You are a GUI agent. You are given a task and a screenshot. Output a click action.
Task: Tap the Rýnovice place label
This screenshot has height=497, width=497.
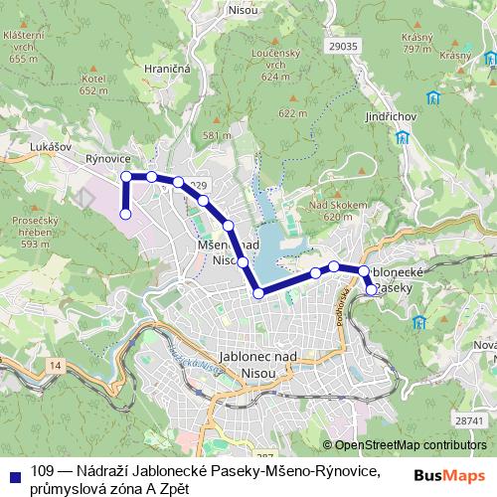point(108,158)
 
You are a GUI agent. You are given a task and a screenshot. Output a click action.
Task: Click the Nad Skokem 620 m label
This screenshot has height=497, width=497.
point(331,210)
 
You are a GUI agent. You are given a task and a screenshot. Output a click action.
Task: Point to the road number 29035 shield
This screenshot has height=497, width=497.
point(342,46)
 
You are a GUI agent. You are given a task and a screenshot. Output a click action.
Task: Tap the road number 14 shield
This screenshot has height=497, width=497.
point(54,367)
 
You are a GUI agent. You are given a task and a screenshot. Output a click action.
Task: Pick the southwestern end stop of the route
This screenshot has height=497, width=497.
point(126,213)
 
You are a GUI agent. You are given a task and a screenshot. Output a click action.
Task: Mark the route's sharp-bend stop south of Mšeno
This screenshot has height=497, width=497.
point(259,292)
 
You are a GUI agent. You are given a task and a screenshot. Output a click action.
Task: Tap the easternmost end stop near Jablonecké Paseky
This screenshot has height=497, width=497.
point(372,290)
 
